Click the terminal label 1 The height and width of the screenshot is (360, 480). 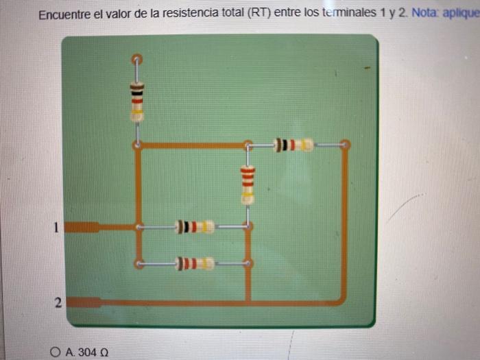[58, 226]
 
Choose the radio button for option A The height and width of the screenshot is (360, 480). [56, 352]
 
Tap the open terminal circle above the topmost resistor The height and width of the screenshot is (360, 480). [136, 59]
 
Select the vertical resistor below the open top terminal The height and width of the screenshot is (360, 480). [137, 101]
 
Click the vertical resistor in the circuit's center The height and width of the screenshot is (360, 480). [248, 184]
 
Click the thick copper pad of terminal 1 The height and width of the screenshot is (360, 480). [84, 227]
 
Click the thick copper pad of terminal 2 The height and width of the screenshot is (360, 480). [85, 302]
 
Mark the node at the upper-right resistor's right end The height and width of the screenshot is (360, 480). [344, 145]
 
